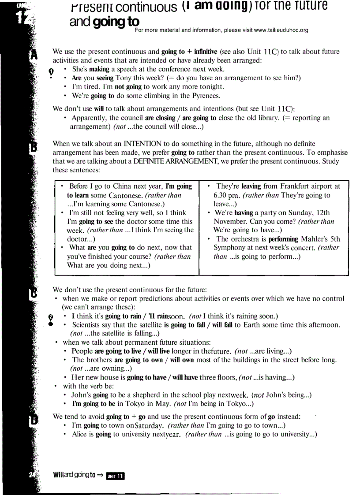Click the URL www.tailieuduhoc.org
click(281, 30)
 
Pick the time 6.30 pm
click(227, 195)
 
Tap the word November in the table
click(229, 221)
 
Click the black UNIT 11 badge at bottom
click(116, 475)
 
